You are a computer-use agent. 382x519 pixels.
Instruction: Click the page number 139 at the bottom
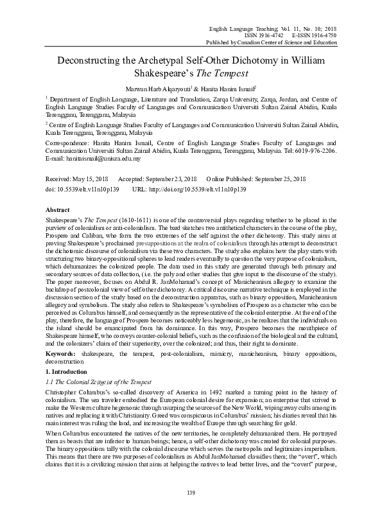pyautogui.click(x=191, y=493)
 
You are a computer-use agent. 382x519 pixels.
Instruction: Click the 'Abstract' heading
pyautogui.click(x=58, y=210)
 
